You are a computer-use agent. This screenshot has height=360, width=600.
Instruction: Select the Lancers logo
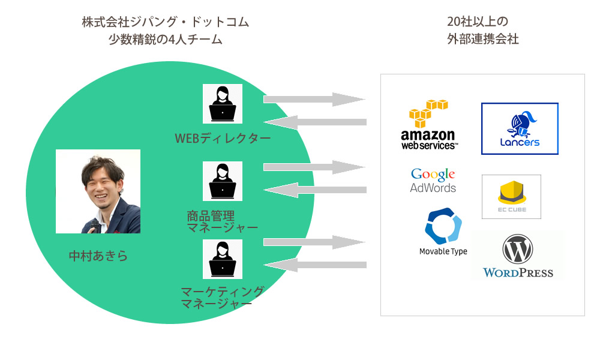[520, 128]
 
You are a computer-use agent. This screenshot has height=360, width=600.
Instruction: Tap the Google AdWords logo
[433, 181]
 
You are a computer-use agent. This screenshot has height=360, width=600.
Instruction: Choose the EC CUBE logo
[511, 197]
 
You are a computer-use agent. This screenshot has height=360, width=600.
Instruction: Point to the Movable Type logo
[443, 232]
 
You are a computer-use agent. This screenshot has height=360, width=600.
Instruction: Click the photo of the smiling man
[98, 191]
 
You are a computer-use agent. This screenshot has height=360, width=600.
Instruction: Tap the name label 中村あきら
[98, 256]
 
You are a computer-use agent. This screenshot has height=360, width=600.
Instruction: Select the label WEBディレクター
[223, 139]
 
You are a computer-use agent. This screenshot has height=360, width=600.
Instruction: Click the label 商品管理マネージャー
[222, 222]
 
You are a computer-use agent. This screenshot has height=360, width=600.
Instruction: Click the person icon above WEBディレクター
[222, 104]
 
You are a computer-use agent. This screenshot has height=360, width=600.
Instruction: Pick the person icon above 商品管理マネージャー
[222, 181]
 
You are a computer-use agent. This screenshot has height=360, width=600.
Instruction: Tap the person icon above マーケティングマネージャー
[222, 259]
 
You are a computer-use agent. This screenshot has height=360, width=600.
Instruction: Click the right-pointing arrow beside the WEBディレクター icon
[314, 99]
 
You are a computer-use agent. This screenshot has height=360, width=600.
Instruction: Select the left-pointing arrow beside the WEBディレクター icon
[314, 122]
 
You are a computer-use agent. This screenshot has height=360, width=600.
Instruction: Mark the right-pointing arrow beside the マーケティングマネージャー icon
[314, 242]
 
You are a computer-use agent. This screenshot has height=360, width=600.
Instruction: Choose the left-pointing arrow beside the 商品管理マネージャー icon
[314, 190]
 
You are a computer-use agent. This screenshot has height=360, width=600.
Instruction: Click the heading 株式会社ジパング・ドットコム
[165, 23]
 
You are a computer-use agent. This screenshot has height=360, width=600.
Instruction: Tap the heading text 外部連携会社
[482, 40]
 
